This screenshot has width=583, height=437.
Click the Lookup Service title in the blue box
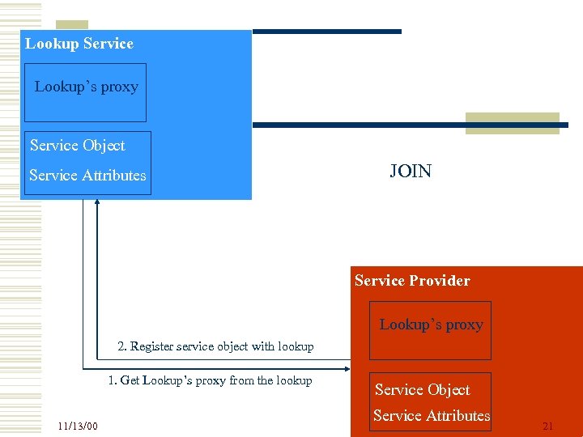tap(79, 44)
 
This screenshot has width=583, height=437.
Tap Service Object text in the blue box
tap(78, 146)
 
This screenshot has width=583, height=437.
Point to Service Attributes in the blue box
tap(87, 175)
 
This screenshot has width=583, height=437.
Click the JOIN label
tap(411, 171)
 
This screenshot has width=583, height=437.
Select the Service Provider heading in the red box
tap(412, 281)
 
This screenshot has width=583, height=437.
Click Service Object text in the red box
tap(422, 390)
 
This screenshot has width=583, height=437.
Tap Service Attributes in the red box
tap(432, 416)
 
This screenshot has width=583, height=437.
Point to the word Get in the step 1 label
tap(130, 380)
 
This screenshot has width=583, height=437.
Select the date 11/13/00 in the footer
tap(78, 426)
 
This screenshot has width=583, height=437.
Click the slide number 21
tap(547, 426)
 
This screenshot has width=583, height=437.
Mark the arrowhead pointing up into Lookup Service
tap(97, 202)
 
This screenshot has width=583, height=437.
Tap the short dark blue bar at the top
tap(327, 32)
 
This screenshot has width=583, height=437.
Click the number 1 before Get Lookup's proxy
tap(111, 380)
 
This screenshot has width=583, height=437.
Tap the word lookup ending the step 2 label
tap(296, 346)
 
